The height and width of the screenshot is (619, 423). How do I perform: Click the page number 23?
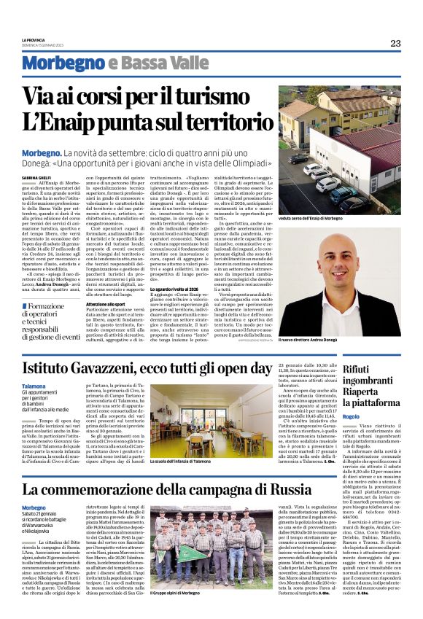pos(395,44)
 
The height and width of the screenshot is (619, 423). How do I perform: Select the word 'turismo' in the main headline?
pos(229,95)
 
